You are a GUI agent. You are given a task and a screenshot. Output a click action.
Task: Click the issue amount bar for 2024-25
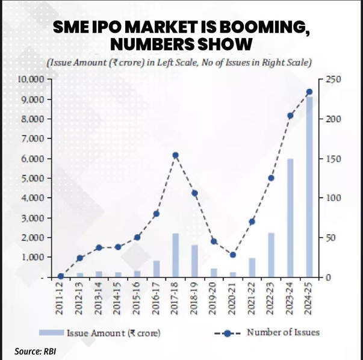click(x=309, y=187)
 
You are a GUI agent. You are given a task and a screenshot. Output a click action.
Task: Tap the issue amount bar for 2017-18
click(x=175, y=255)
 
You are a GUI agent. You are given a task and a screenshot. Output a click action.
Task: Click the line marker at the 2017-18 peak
click(x=175, y=155)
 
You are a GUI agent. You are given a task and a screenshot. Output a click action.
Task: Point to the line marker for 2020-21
click(x=233, y=255)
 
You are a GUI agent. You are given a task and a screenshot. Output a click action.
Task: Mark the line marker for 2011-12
click(x=61, y=276)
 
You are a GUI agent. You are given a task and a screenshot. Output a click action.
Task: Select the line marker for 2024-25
click(x=309, y=92)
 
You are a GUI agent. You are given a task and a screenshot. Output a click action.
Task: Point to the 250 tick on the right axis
click(x=333, y=79)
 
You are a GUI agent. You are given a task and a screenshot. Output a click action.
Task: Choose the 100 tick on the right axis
click(x=333, y=198)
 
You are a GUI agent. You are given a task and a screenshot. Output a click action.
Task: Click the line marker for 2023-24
click(x=290, y=116)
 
